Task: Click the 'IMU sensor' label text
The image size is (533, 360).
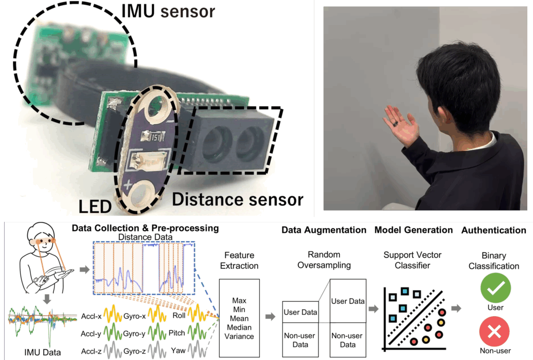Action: point(168,11)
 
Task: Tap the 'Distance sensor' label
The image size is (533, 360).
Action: point(237,200)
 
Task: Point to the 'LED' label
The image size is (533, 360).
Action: point(95,206)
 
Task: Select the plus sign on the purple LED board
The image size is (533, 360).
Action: point(128,185)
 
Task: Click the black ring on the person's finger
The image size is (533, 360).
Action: point(396,123)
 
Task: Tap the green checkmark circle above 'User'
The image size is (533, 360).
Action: point(496,288)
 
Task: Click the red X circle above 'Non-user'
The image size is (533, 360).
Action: point(494,331)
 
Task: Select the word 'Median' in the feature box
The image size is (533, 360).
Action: point(239,327)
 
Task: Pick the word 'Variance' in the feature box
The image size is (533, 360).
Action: point(239,336)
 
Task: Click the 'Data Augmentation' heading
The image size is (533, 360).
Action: point(324,230)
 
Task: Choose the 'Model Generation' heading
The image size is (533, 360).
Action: point(413,230)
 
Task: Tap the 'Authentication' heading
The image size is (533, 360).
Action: point(493,230)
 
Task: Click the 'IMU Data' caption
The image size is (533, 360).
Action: point(43,353)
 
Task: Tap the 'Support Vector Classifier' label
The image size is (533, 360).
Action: point(412,260)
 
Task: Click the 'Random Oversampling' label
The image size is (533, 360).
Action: point(324,259)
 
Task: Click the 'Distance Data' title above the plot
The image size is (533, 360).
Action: point(145,237)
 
